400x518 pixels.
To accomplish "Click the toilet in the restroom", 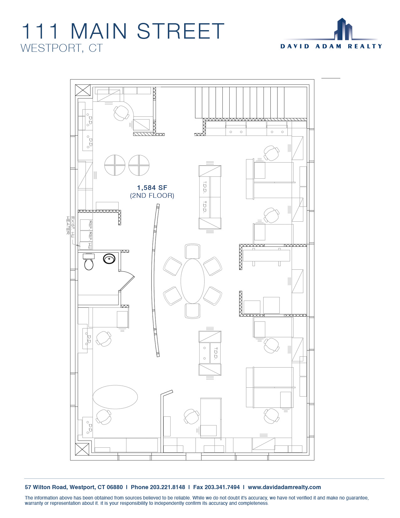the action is pyautogui.click(x=88, y=262).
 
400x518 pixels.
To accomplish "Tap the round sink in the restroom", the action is pyautogui.click(x=109, y=259).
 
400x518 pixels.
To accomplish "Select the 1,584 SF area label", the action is pyautogui.click(x=152, y=188).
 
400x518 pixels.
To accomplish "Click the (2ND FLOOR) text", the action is pyautogui.click(x=152, y=196).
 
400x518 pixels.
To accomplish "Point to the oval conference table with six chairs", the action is pyautogui.click(x=193, y=281).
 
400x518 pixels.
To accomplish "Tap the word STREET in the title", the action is pyautogui.click(x=181, y=31).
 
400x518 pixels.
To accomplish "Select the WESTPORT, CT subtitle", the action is pyautogui.click(x=62, y=48).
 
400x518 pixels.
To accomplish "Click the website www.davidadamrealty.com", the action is pyautogui.click(x=284, y=487).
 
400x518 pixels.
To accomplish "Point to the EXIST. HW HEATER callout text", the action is pyautogui.click(x=70, y=225).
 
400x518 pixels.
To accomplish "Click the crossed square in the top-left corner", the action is pyautogui.click(x=83, y=90).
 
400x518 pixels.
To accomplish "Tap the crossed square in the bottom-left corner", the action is pyautogui.click(x=82, y=449).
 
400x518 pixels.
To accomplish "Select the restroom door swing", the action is pyautogui.click(x=127, y=281).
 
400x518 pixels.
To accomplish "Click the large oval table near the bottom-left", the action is pyautogui.click(x=115, y=397).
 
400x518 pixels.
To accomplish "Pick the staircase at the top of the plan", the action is pyautogui.click(x=251, y=103).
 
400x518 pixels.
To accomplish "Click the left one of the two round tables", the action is pyautogui.click(x=115, y=165).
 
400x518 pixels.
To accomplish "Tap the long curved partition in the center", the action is pyautogui.click(x=155, y=280).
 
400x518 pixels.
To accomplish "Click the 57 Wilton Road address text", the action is pyautogui.click(x=74, y=487).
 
